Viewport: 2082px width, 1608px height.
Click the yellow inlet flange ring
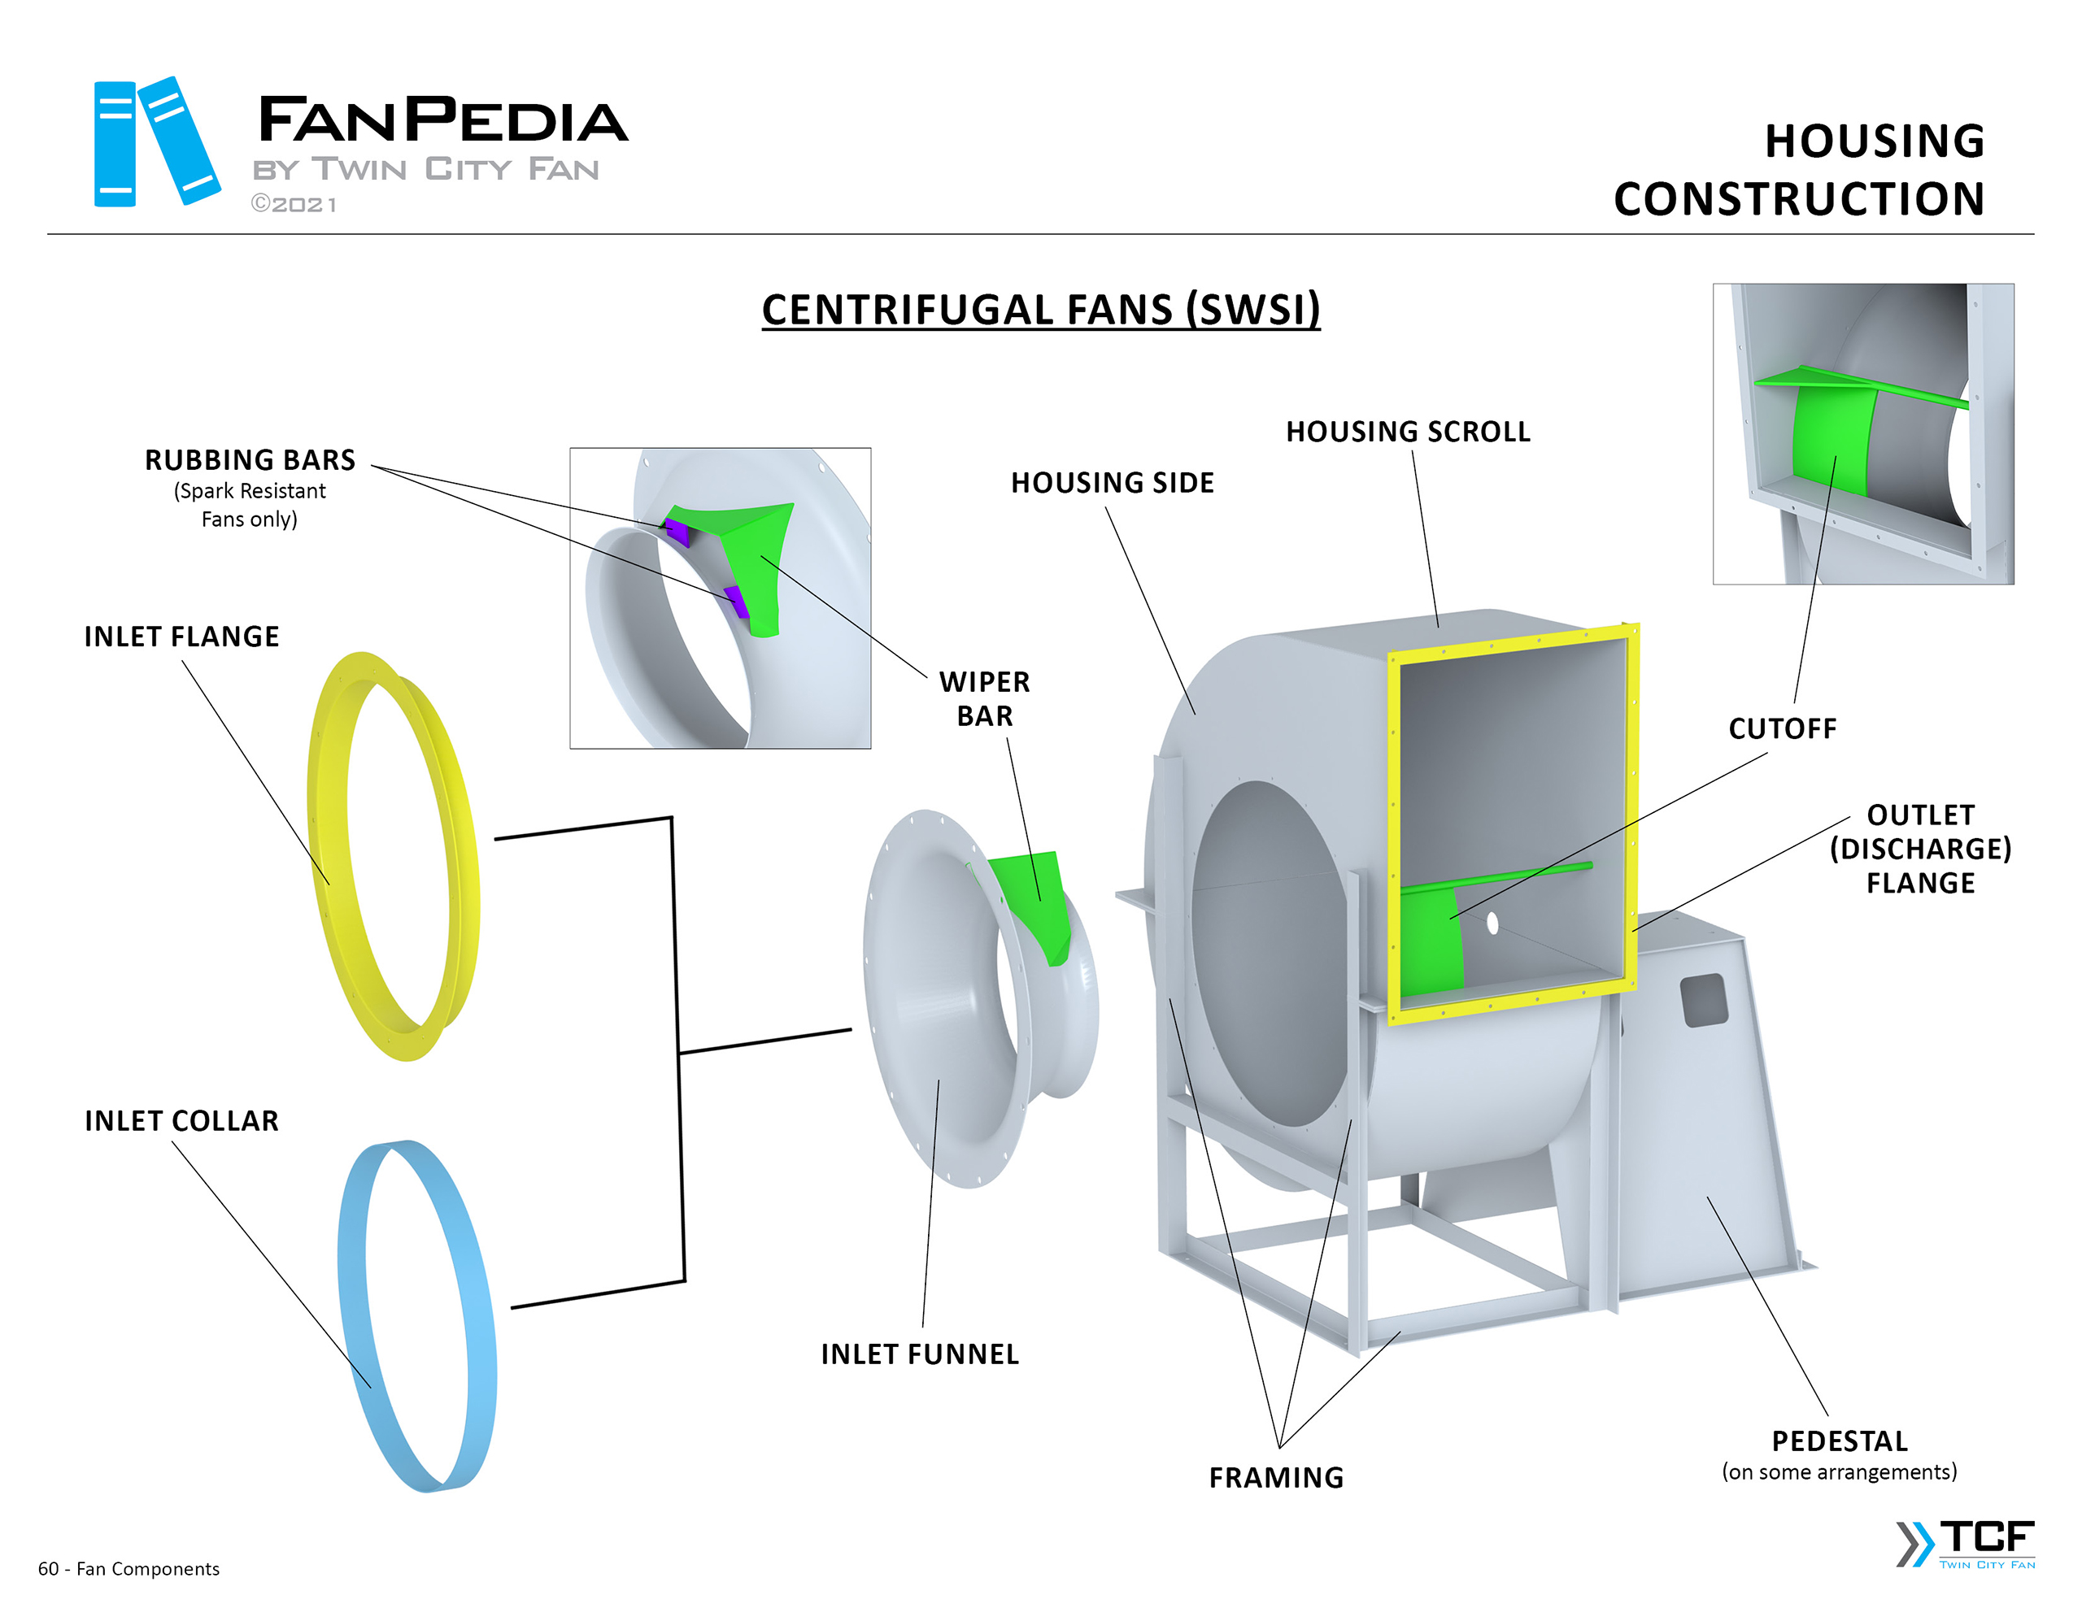pos(329,858)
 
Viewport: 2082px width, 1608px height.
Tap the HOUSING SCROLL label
pos(1407,432)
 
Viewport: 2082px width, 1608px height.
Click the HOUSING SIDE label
pos(1113,483)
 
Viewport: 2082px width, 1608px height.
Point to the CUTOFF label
pos(1782,729)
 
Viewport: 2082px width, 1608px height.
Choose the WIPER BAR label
pos(985,698)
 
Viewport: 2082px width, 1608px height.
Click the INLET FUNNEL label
pos(920,1354)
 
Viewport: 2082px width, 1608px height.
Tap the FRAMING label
pos(1277,1477)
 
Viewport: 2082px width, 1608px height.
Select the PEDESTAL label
pos(1839,1441)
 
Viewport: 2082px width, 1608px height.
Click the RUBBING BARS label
pos(250,460)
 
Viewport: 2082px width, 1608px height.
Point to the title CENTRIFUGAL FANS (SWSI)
pos(1041,310)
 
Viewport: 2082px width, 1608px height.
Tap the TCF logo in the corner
pos(1969,1543)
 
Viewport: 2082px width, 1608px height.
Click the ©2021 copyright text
pos(294,205)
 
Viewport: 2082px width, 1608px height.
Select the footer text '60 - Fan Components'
pos(128,1569)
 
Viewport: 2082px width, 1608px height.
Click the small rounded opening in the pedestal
pos(1705,1000)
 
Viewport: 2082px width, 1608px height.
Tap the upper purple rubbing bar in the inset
pos(677,532)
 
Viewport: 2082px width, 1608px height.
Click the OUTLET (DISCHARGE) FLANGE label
pos(1920,849)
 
